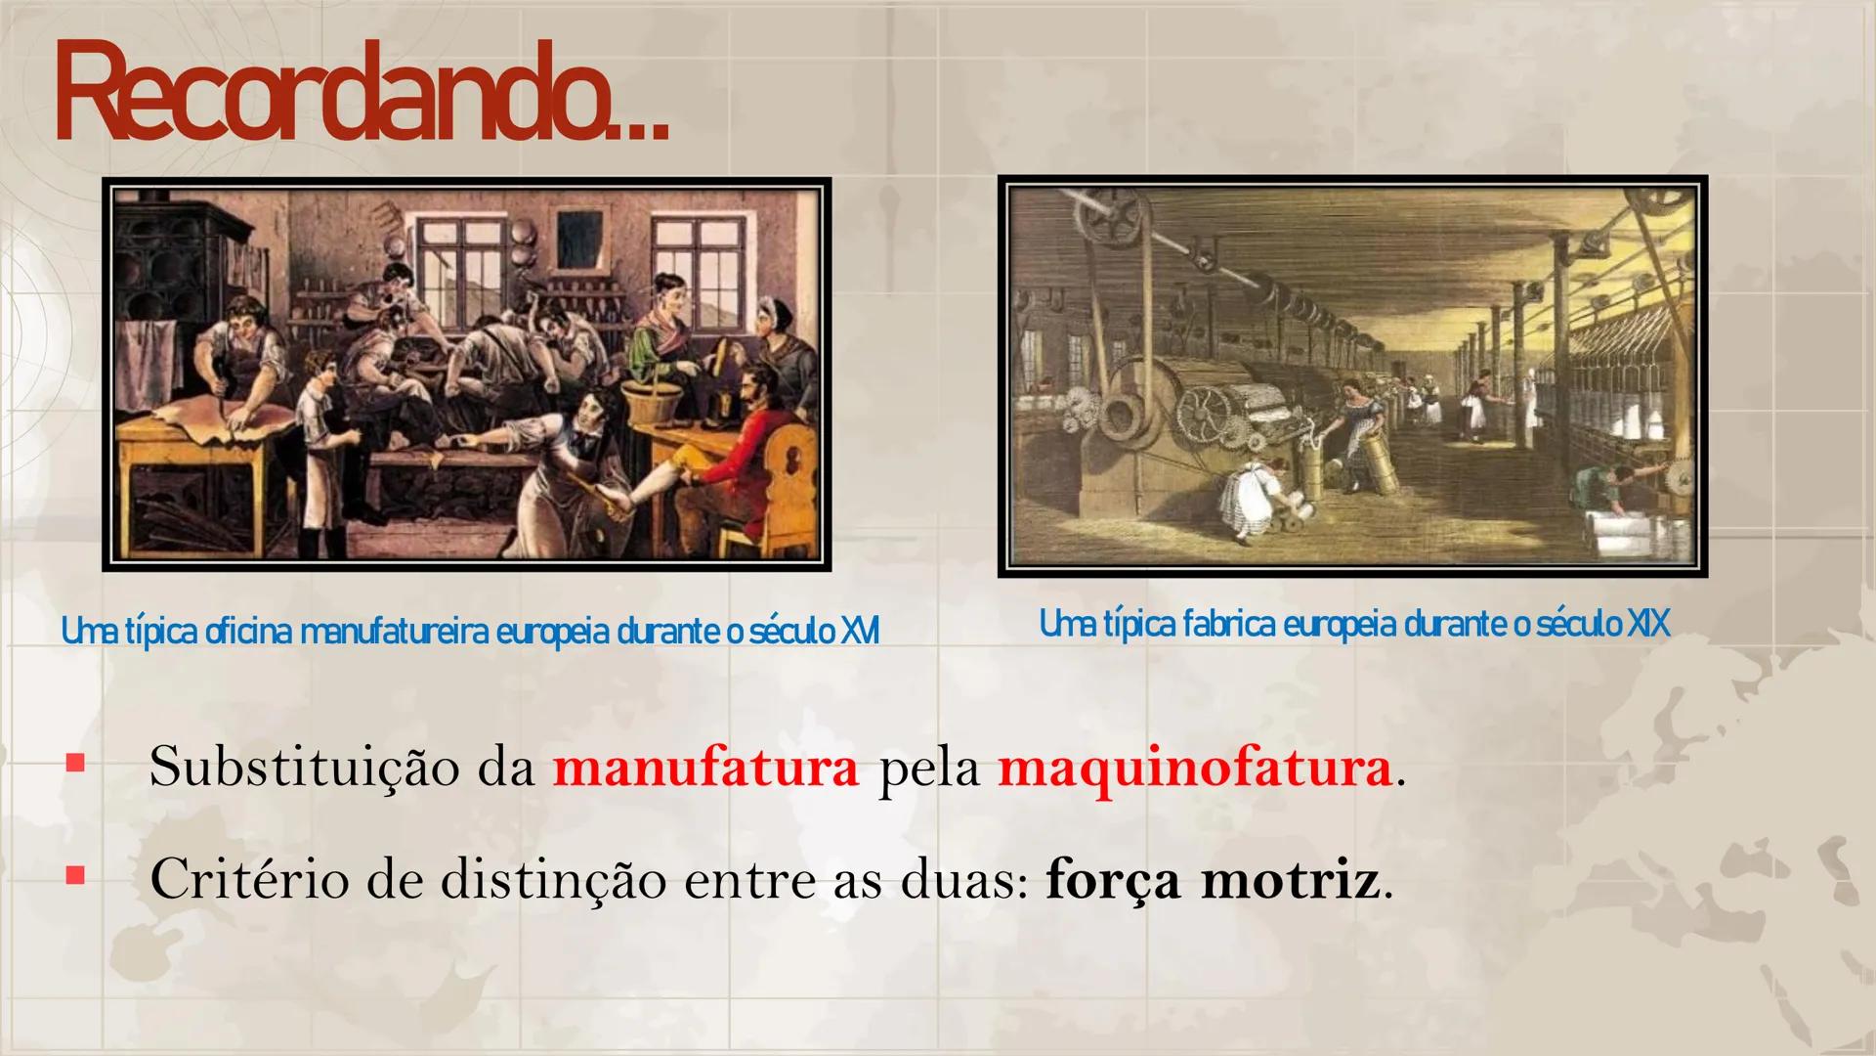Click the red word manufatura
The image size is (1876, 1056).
(x=705, y=768)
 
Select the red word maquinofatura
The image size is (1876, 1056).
(x=1194, y=770)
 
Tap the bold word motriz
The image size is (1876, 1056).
(x=1291, y=880)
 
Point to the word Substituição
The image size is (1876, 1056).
(x=303, y=768)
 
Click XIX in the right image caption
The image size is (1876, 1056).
(x=1648, y=624)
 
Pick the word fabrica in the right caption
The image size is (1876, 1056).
(x=1228, y=624)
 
